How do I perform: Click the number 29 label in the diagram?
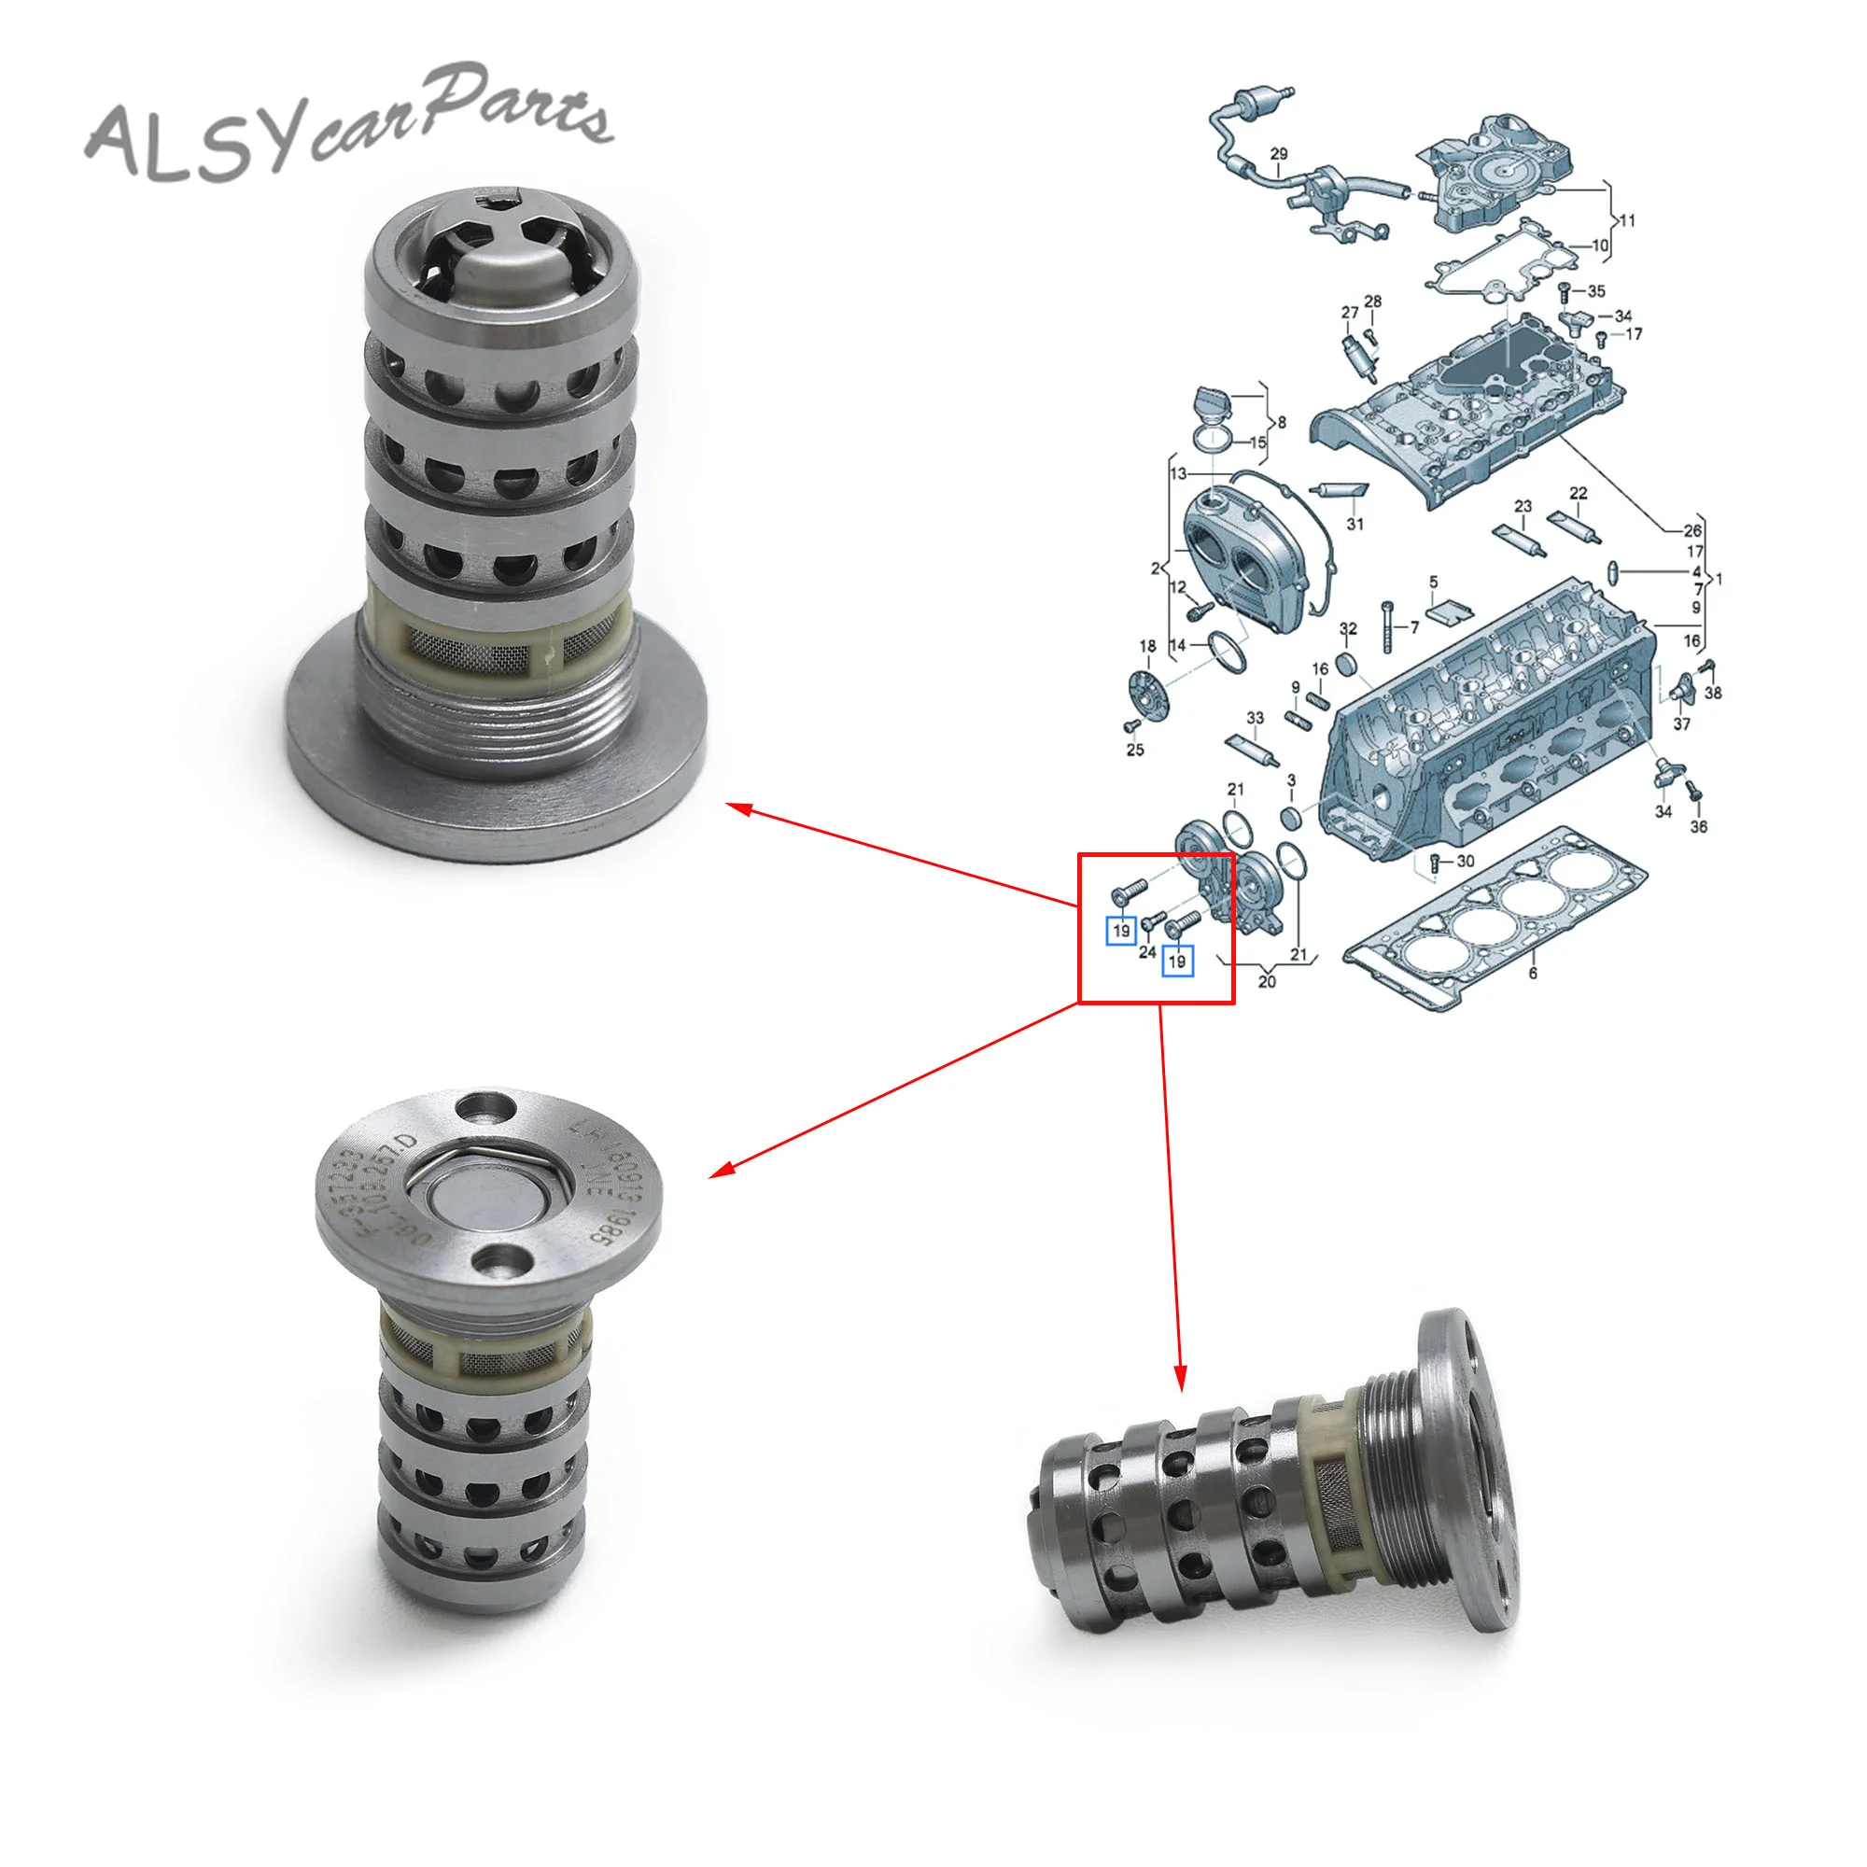(x=1279, y=154)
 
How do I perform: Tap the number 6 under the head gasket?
(x=1533, y=973)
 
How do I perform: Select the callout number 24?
(x=1147, y=952)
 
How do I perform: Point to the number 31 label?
(x=1355, y=524)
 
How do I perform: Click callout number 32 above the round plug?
(x=1348, y=629)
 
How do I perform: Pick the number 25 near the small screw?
(x=1134, y=750)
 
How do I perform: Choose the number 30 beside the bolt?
(x=1465, y=861)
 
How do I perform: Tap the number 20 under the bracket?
(x=1267, y=982)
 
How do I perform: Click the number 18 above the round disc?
(x=1147, y=647)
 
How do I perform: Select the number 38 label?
(x=1712, y=693)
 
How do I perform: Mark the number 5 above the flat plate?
(x=1433, y=582)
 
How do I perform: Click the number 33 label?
(x=1255, y=718)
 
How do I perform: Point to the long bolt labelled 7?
(x=1387, y=625)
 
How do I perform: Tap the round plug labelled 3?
(x=1290, y=818)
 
